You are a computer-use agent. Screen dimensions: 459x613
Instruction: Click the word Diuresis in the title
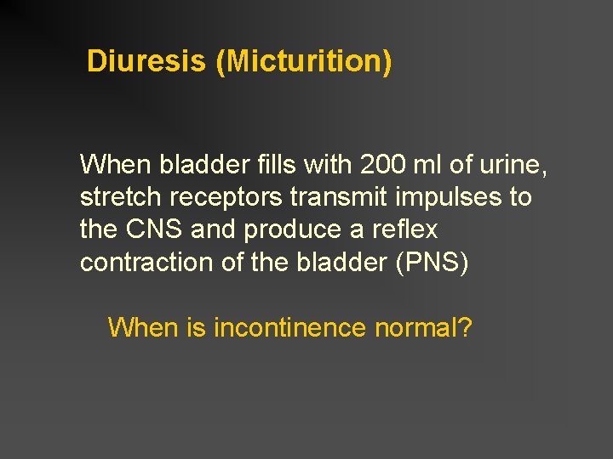[146, 61]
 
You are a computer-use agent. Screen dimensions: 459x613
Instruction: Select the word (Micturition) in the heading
[303, 62]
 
